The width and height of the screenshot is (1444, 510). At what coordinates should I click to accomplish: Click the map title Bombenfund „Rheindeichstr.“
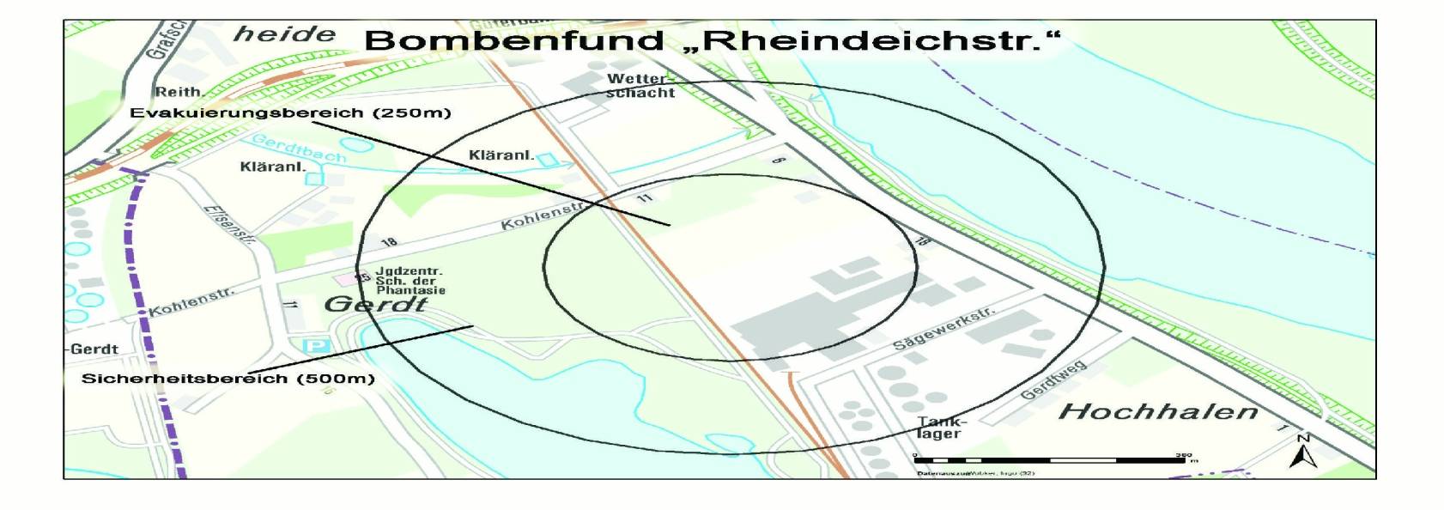pos(712,40)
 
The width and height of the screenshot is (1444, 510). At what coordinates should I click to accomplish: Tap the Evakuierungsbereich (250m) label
pos(290,112)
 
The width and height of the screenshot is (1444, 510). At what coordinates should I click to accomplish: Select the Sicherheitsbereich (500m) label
pos(228,378)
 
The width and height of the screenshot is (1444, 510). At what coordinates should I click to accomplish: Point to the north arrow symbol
pos(1302,452)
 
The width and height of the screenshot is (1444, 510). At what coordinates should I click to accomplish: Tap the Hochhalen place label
pos(1158,411)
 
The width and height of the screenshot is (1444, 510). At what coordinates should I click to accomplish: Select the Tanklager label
pos(941,428)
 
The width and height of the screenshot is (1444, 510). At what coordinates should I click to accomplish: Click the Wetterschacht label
pos(640,85)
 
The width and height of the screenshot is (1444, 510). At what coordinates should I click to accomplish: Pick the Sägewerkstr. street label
pos(943,328)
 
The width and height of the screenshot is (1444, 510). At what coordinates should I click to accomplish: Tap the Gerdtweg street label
pos(1053,380)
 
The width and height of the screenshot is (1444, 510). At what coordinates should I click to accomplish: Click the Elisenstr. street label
pos(229,224)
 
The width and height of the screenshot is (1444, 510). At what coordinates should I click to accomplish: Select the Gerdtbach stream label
pos(299,148)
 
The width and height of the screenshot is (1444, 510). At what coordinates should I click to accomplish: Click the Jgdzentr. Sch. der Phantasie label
pos(410,281)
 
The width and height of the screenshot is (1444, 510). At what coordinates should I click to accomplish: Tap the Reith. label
pos(179,92)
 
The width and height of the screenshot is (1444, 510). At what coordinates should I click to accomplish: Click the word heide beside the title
pos(284,34)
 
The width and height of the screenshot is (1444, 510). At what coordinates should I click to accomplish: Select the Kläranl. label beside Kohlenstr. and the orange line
pos(501,155)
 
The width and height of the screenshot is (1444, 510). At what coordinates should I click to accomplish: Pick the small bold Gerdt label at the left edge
pos(94,349)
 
